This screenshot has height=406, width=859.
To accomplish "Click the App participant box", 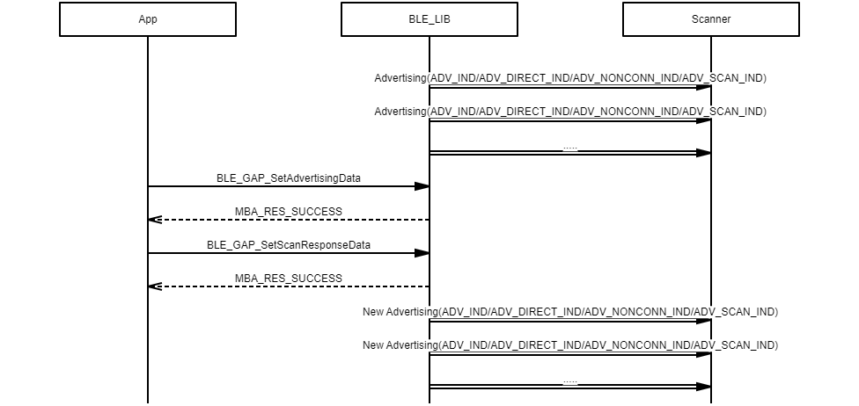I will (x=148, y=19).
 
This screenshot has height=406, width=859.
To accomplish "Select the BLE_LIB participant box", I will (x=429, y=19).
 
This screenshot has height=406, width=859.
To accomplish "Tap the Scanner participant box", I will (x=711, y=19).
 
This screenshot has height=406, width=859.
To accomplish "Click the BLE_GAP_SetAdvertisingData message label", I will (x=289, y=178).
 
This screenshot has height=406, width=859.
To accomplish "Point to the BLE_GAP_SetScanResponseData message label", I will (x=289, y=245).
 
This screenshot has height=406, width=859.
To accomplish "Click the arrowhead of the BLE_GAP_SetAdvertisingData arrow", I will (x=422, y=186).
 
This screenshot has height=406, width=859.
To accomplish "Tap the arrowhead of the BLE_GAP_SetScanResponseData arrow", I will (x=422, y=253).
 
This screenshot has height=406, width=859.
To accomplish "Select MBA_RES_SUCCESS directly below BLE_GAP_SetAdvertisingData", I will (x=289, y=212).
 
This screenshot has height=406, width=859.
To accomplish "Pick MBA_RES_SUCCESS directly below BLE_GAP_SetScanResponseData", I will (x=289, y=279).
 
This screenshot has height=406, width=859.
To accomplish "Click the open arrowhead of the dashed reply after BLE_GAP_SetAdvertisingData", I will (x=154, y=220).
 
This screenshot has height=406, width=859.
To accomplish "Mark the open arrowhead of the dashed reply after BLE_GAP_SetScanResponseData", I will (x=154, y=286).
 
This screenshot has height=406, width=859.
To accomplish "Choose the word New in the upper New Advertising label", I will (x=373, y=312).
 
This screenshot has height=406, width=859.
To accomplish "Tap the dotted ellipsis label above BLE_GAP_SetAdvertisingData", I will (x=570, y=148).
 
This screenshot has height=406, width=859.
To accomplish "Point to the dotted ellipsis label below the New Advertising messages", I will (x=570, y=381).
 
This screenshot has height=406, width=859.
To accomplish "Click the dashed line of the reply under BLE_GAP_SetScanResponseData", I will (x=290, y=286).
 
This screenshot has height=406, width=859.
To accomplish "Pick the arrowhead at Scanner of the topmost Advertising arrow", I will (x=704, y=87).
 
